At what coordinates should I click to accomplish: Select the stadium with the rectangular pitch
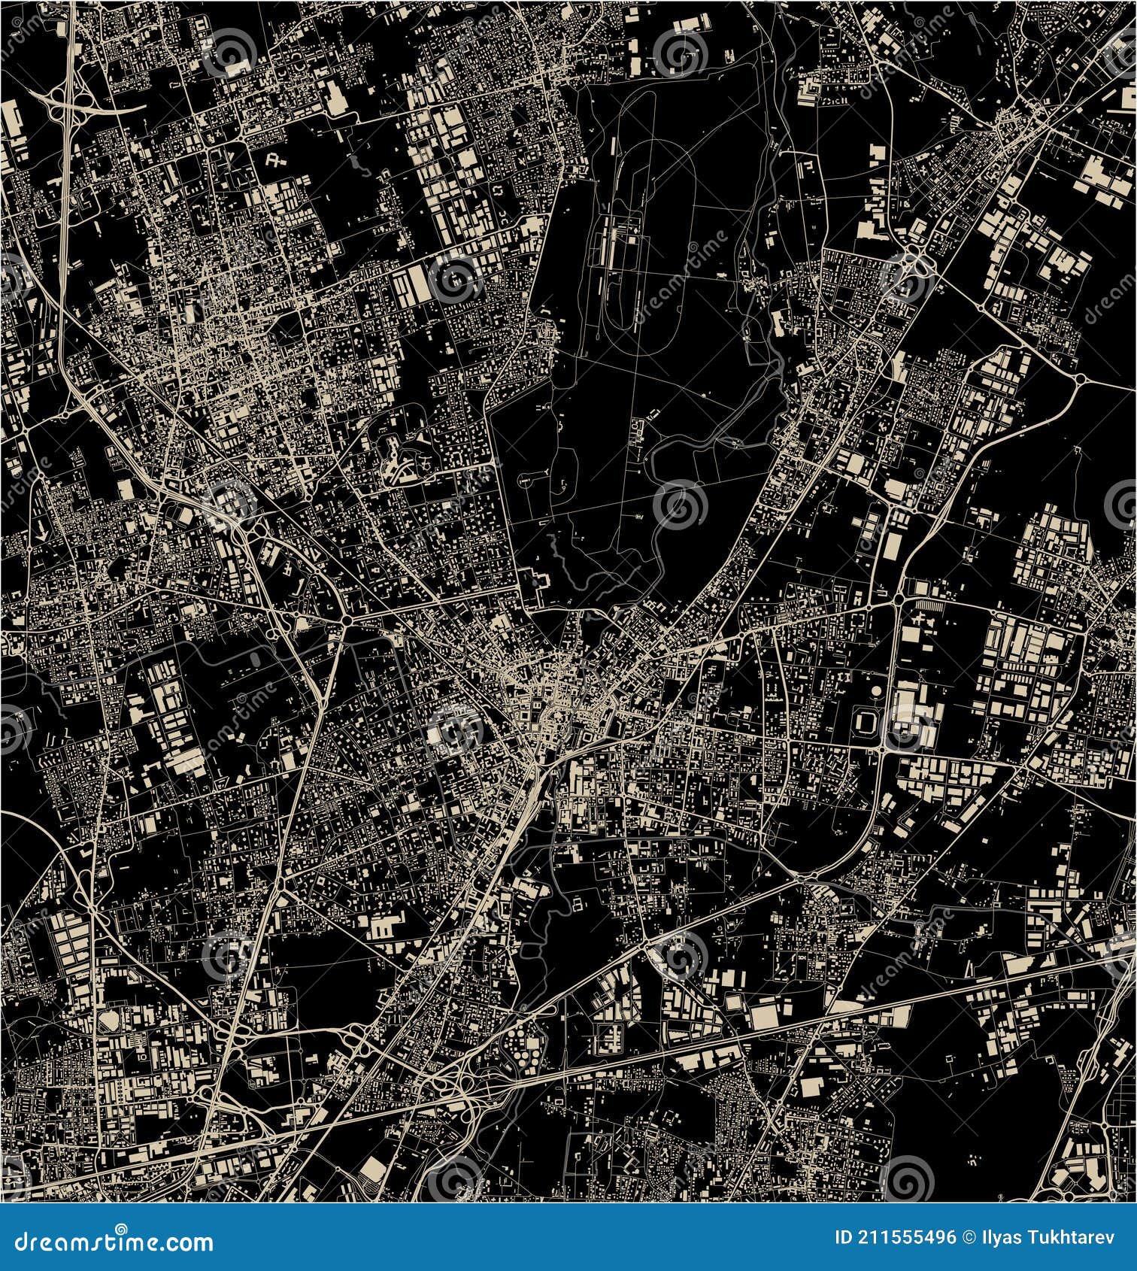866,723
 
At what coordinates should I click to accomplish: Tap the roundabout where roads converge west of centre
347,621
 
